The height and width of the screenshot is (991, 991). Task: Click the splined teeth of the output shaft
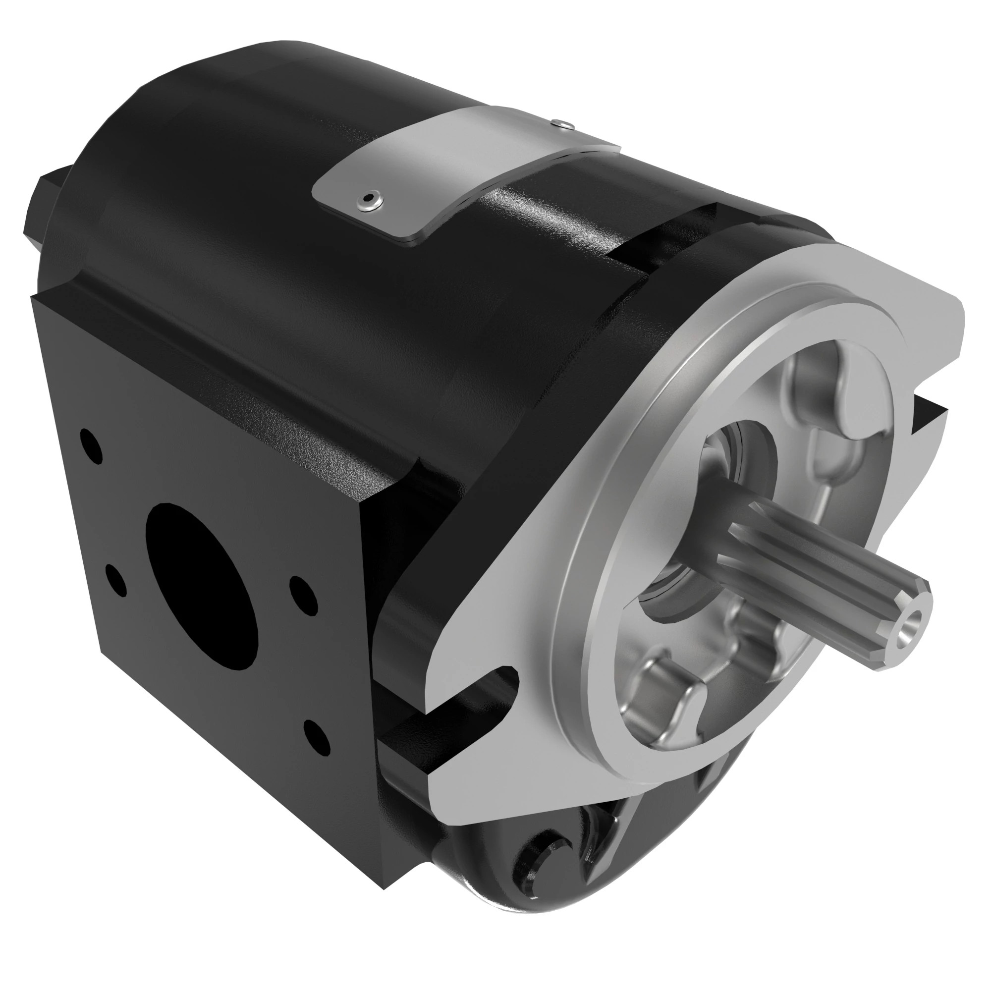point(821,574)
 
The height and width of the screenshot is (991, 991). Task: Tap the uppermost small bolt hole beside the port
point(91,446)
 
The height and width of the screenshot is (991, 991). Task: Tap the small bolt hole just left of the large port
point(116,580)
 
